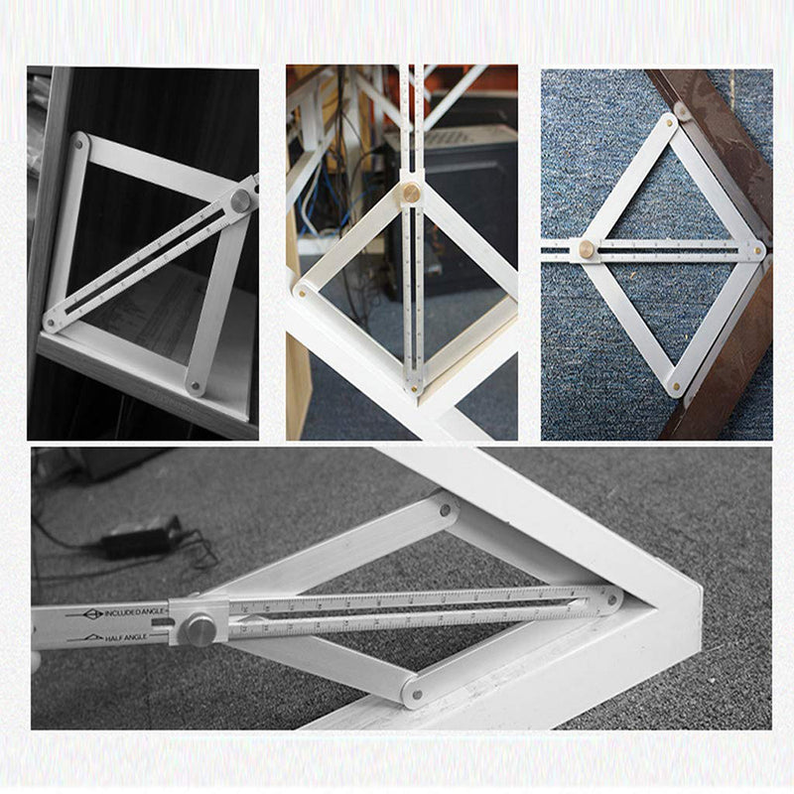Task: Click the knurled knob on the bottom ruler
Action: coord(200,629)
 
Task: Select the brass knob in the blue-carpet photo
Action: coord(588,248)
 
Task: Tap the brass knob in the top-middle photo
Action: coord(411,192)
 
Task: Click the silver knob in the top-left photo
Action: coord(240,200)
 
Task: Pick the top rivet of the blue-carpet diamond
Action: coord(669,124)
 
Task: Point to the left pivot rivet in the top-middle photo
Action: coord(300,291)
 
